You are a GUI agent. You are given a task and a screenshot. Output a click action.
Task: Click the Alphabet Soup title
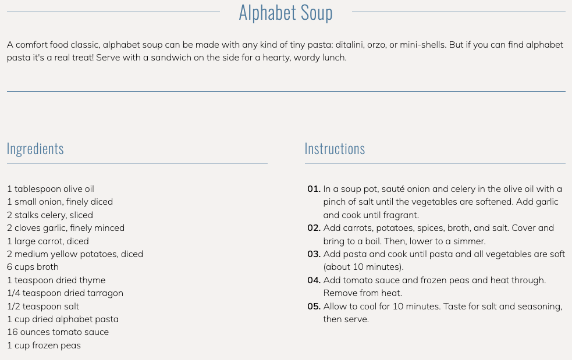tap(286, 13)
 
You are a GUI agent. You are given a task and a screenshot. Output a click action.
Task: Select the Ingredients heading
tap(35, 149)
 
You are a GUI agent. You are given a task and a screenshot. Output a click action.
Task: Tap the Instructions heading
tap(335, 149)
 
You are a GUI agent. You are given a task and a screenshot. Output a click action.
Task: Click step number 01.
tap(314, 189)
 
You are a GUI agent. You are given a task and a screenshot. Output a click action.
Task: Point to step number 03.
tap(314, 254)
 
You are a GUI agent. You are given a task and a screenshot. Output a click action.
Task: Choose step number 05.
tap(314, 306)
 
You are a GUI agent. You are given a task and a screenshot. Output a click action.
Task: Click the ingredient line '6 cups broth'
tap(33, 267)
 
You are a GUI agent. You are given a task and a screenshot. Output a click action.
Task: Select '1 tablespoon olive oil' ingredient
tap(50, 189)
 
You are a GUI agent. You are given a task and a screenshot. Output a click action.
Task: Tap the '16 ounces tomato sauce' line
tap(58, 332)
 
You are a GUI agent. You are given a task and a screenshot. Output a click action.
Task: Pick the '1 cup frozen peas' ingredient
tap(44, 345)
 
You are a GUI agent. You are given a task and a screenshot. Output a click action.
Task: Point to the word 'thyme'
tap(93, 280)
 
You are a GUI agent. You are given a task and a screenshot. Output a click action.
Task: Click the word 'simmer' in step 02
tap(469, 241)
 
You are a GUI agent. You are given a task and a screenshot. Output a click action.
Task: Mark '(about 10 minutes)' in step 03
tap(363, 267)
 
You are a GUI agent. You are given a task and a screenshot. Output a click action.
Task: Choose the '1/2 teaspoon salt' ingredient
tap(42, 306)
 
